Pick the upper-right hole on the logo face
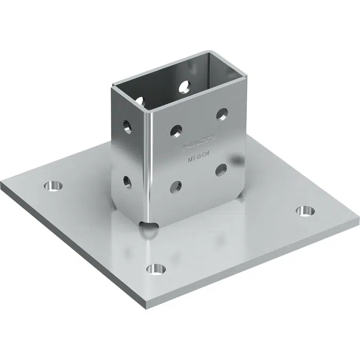[222, 114]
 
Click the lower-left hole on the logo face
[174, 187]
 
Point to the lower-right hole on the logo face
[221, 170]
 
